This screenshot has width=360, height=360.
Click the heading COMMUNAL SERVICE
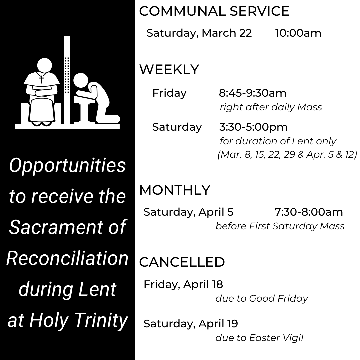click(x=214, y=11)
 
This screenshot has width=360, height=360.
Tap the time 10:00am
click(x=298, y=33)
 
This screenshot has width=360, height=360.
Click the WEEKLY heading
click(x=169, y=69)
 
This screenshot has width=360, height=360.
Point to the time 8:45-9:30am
click(x=253, y=93)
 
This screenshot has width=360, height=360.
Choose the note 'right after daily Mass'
click(x=271, y=107)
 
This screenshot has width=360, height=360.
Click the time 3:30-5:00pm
click(x=253, y=127)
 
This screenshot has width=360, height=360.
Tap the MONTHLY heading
click(x=175, y=190)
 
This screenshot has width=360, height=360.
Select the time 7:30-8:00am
click(x=309, y=212)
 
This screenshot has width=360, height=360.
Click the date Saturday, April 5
click(x=188, y=212)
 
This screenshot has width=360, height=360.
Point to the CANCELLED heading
click(x=182, y=262)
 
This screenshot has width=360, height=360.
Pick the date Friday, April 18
click(x=183, y=285)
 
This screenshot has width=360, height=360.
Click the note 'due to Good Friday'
click(x=262, y=299)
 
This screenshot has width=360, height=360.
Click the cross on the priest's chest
click(x=42, y=79)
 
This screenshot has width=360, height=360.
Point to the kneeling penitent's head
click(x=81, y=81)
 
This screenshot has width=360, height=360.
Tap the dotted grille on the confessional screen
click(x=67, y=75)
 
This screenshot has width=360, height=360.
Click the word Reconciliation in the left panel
click(x=67, y=258)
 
